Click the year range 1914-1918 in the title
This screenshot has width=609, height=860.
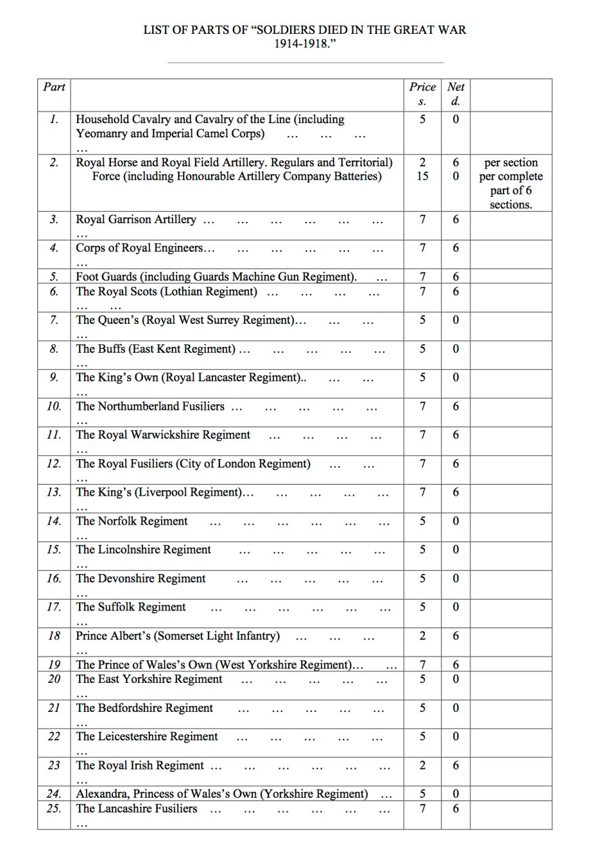304,43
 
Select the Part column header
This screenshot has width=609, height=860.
54,87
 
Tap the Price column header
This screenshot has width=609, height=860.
422,87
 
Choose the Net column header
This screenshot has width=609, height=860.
456,87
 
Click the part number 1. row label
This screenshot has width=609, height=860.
54,119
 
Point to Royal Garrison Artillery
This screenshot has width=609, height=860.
136,219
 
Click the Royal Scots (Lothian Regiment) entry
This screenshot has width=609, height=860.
166,291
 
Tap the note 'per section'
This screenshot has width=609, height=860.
511,163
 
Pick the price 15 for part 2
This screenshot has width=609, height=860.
422,176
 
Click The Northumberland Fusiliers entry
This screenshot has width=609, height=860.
150,406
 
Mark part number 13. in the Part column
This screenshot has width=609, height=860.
54,492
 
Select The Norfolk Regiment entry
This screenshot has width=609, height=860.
132,521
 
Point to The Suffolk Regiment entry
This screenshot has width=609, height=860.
131,606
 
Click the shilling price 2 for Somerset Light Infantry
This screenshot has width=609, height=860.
422,636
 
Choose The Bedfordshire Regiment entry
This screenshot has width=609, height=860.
144,708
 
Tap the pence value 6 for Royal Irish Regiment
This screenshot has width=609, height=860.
456,765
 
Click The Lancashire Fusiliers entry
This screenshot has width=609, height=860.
137,808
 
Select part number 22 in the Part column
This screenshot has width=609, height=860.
54,736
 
